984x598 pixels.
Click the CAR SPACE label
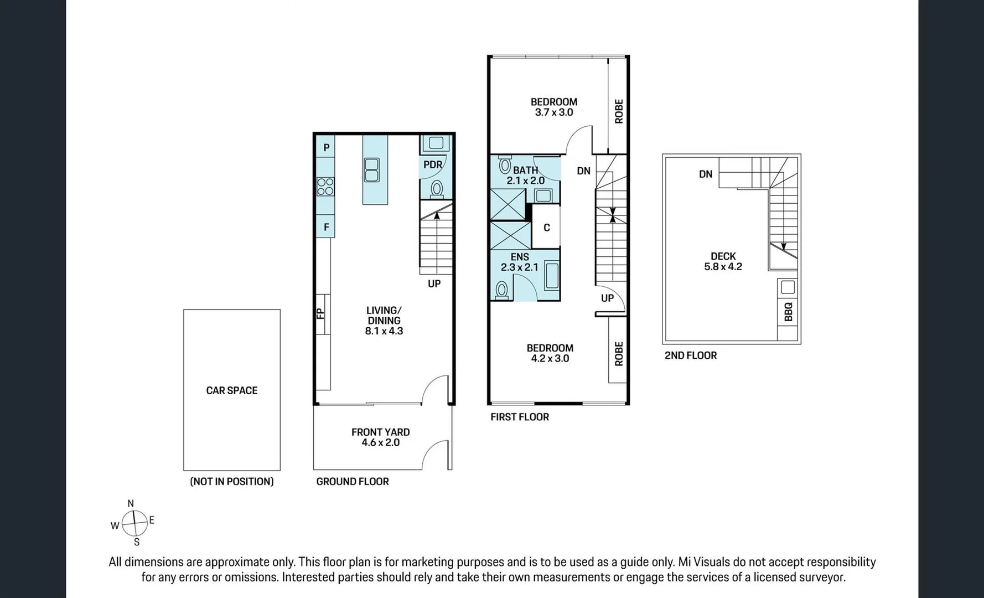tap(231, 390)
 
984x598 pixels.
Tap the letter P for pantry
tap(327, 147)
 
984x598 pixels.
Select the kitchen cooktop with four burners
tap(325, 187)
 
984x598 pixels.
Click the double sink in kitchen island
tap(371, 170)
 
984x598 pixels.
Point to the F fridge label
tap(327, 227)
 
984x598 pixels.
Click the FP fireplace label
tap(320, 313)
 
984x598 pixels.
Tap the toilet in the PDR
tap(437, 189)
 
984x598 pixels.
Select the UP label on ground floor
tap(434, 283)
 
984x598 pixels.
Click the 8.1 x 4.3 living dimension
tap(384, 331)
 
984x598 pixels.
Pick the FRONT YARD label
tap(380, 432)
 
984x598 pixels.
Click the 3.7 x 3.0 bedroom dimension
tap(553, 112)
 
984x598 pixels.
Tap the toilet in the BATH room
tap(505, 165)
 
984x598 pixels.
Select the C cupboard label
tap(546, 228)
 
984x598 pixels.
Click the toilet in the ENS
tap(501, 289)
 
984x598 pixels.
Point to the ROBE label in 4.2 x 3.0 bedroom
tap(618, 353)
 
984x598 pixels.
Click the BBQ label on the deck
tap(788, 312)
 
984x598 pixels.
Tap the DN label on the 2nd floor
tap(705, 174)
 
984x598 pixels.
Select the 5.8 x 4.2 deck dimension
tap(723, 266)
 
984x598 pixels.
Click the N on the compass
tap(131, 503)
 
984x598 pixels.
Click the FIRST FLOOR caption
tap(519, 417)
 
